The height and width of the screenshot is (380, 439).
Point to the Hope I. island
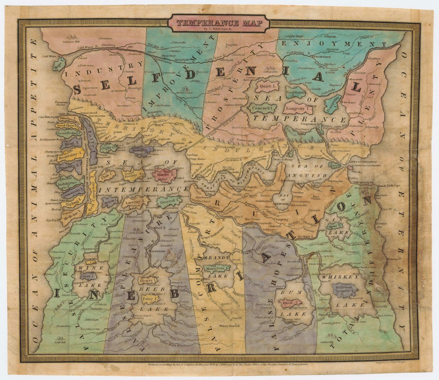point(59,63)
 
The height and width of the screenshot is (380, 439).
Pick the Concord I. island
point(260,108)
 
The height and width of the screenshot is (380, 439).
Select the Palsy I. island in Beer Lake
point(150,299)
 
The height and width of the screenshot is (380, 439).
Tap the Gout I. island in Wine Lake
point(87,276)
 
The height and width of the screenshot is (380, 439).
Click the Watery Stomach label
point(230,326)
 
